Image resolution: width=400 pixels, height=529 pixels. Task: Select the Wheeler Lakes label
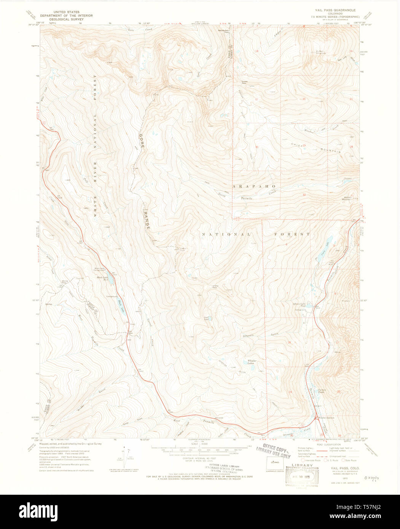pos(251,362)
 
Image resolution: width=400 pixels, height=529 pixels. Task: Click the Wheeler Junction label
pos(326,418)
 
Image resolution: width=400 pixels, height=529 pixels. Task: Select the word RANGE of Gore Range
pos(147,219)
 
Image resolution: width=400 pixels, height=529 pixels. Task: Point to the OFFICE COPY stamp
pos(276,448)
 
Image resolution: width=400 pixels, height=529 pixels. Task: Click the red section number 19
pos(290,392)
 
